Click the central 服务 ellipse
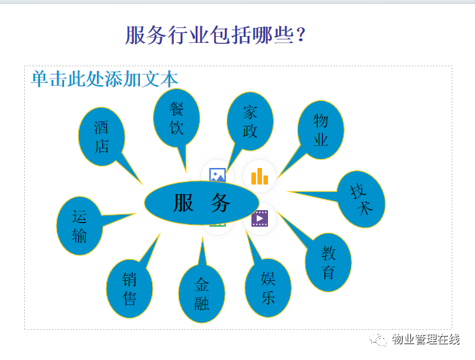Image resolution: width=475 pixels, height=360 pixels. point(202,203)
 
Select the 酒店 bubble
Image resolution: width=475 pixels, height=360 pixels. point(102,136)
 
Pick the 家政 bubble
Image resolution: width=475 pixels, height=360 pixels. point(250,121)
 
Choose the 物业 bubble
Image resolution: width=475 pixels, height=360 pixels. point(321,130)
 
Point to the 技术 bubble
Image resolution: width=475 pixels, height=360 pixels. point(361,199)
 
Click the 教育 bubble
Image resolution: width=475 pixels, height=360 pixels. point(328,262)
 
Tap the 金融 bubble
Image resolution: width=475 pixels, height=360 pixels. point(202,294)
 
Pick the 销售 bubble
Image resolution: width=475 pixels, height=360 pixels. point(129,288)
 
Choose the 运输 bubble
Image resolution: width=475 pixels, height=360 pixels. point(79,226)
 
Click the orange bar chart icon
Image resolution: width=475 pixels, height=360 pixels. point(260,176)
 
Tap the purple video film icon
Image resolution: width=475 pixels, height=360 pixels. point(260,218)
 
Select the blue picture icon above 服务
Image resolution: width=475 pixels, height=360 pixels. point(218,175)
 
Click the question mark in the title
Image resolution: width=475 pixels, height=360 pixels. point(301,35)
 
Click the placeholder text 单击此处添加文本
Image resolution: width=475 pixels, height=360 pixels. point(105,79)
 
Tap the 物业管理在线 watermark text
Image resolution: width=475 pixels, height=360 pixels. point(425,339)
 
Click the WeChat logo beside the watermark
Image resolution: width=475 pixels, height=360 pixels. point(378,340)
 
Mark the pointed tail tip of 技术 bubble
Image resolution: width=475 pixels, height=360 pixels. point(287,191)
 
